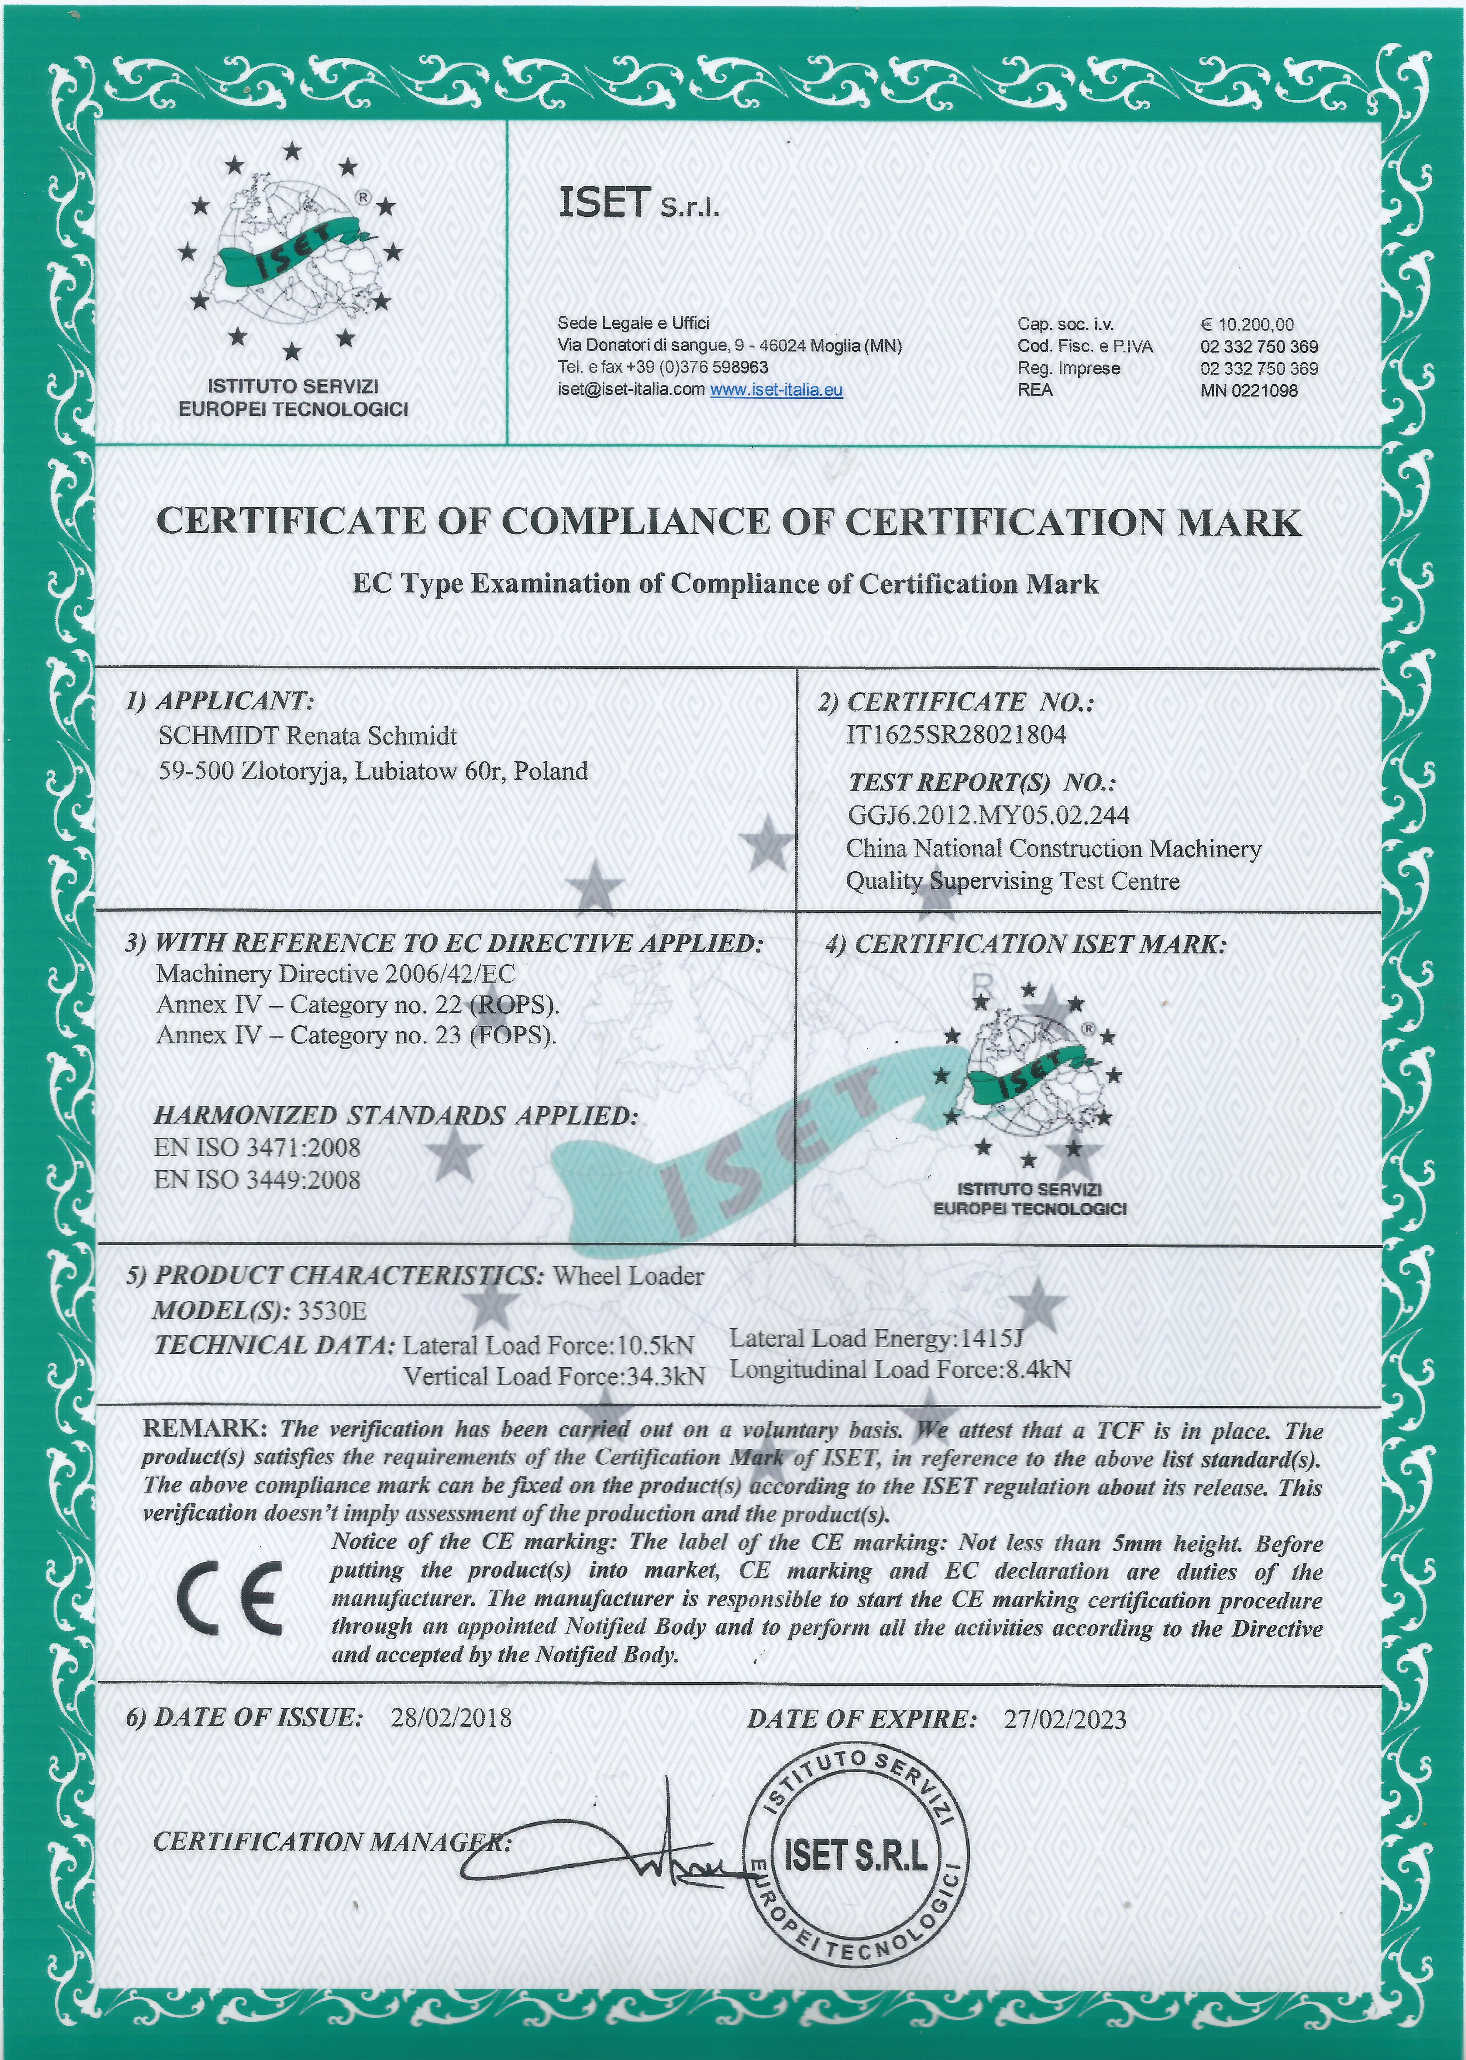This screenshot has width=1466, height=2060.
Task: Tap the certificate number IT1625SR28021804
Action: pos(956,735)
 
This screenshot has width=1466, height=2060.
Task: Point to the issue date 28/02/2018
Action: pos(450,1717)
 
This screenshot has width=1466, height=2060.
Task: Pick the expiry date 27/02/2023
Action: pos(1064,1719)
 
